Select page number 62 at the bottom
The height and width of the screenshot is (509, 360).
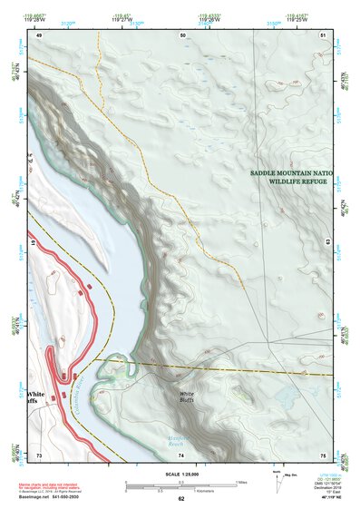(180, 499)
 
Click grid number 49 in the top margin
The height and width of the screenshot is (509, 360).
(40, 34)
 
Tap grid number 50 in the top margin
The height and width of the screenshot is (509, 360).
(182, 34)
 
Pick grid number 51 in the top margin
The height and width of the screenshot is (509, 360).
(324, 34)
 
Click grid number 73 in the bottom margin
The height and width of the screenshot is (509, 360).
(40, 454)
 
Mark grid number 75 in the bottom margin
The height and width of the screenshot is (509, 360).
(324, 454)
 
